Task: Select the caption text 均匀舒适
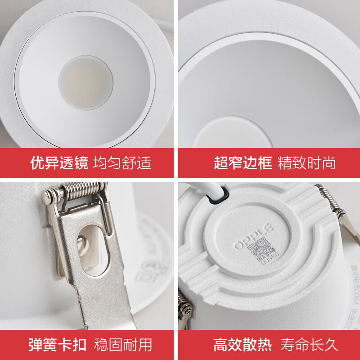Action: click(x=122, y=163)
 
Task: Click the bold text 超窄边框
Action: click(x=243, y=163)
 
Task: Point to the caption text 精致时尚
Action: click(x=306, y=163)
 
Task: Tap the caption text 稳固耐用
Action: click(x=123, y=345)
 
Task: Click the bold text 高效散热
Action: click(x=243, y=345)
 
